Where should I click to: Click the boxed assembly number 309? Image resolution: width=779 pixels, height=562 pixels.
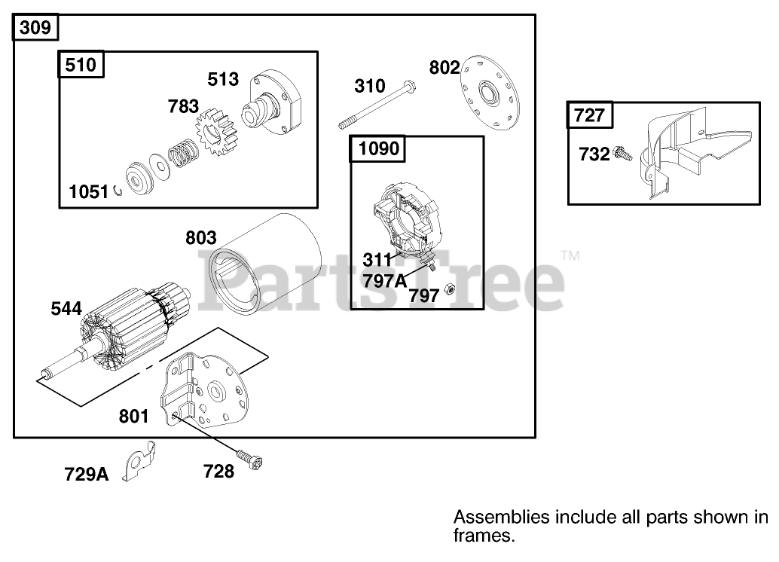(x=35, y=27)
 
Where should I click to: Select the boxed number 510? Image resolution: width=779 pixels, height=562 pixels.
(x=81, y=65)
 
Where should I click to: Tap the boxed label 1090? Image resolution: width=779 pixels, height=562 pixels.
(x=378, y=148)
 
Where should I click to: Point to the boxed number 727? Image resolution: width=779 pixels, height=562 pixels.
(x=589, y=115)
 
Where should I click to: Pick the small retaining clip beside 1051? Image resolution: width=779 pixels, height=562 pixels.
(x=118, y=191)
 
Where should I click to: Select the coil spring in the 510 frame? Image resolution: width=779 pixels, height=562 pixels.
(x=183, y=152)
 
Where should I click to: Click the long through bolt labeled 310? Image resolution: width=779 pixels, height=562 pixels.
(x=377, y=104)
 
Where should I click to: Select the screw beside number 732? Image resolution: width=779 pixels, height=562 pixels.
(x=623, y=154)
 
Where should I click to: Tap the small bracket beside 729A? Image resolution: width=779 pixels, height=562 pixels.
(x=139, y=461)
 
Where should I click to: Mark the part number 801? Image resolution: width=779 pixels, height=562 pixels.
(x=133, y=417)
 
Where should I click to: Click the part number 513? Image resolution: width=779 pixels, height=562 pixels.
(x=223, y=79)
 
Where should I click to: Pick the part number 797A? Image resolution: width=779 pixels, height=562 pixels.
(x=384, y=281)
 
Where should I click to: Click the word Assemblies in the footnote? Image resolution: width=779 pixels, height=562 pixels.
(x=502, y=518)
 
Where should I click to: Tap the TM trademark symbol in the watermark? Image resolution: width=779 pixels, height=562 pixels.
(x=570, y=255)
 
